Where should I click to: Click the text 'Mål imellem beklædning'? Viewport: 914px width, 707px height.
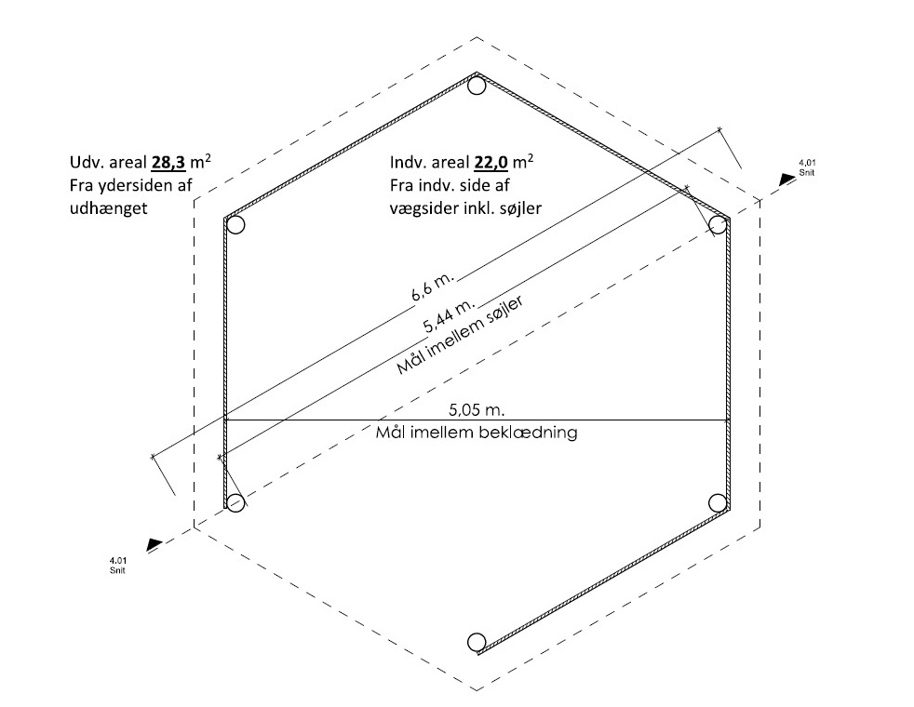[x=477, y=433]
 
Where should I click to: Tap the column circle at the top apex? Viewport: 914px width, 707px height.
[x=477, y=87]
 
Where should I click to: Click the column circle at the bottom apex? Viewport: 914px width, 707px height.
[x=477, y=642]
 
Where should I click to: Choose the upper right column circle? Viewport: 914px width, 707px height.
[x=718, y=224]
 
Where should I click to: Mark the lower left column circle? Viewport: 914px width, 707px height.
[x=236, y=502]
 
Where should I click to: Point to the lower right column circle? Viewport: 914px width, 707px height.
[x=718, y=502]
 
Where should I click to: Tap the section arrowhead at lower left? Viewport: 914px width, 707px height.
[x=155, y=544]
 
